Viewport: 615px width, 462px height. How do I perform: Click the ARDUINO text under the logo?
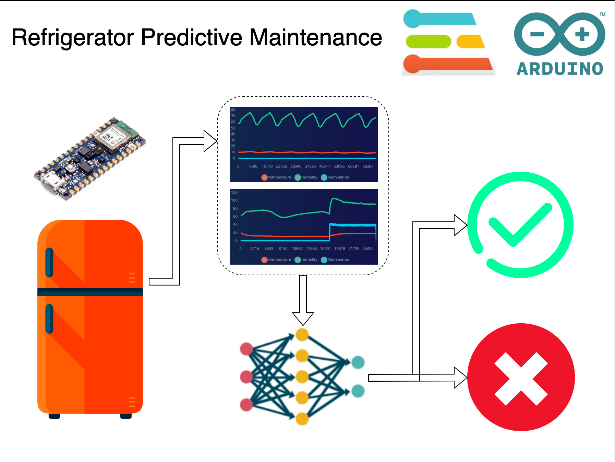pos(559,69)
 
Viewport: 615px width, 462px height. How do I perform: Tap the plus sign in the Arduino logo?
pos(582,34)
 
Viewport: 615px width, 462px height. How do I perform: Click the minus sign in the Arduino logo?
pos(537,34)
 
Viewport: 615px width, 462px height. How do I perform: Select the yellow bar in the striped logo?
pos(470,42)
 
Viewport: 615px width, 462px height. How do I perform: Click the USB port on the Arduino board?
pos(50,182)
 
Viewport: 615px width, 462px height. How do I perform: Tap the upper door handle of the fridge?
pos(49,262)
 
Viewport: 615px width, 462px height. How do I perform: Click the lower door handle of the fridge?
pos(49,319)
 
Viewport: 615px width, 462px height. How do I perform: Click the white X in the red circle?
pos(521,379)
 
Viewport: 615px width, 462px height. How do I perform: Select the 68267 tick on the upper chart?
pos(368,166)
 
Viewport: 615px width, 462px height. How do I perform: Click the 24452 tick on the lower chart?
pos(368,249)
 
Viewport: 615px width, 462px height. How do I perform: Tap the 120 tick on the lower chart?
pos(234,193)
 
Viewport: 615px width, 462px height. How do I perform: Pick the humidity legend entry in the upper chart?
pos(306,177)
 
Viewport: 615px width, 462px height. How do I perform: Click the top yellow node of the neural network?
pos(302,335)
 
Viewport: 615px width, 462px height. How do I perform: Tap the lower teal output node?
pos(358,391)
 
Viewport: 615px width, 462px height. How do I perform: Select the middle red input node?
pos(246,377)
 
